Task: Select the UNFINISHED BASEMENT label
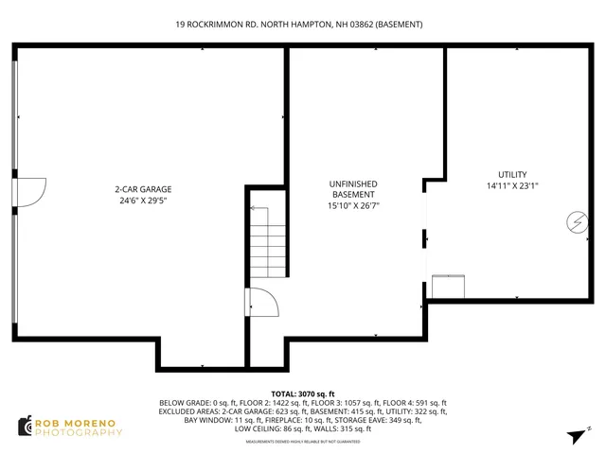coord(353,188)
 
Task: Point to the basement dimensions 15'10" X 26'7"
coord(353,205)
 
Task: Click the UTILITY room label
coord(513,175)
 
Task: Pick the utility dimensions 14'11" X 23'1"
coord(513,186)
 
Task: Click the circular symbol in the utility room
coord(574,222)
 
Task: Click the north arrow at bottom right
coord(575,436)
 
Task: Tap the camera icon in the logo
coord(26,427)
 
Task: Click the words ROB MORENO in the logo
coord(79,422)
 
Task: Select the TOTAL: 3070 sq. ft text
coord(303,393)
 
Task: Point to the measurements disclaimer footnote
coord(303,442)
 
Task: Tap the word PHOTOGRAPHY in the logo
coord(79,432)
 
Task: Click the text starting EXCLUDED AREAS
coord(303,411)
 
